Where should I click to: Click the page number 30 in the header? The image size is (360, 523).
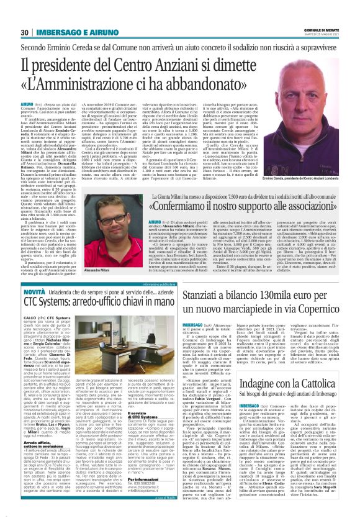[x=24, y=32]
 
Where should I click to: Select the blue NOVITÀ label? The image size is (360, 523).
[x=34, y=291]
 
